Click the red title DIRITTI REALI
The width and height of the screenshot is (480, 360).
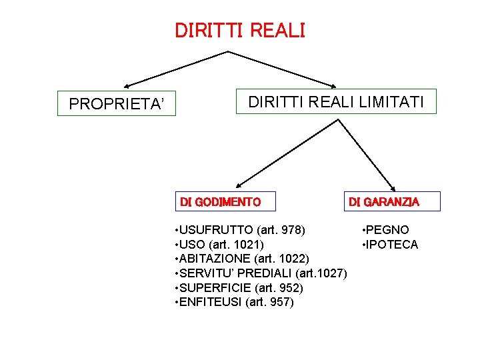tap(239, 31)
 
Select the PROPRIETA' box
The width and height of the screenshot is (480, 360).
tap(117, 103)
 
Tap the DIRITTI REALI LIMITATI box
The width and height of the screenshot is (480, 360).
tap(336, 102)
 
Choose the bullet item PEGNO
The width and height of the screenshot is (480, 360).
tap(387, 230)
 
